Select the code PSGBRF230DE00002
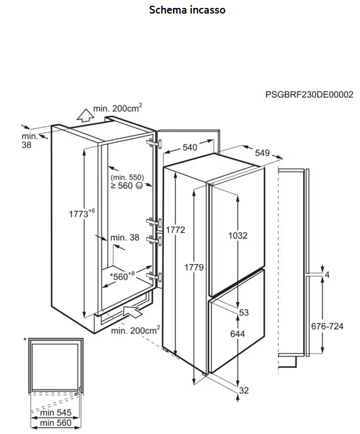(309, 95)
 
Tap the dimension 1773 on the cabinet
(81, 214)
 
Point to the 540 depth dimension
(189, 147)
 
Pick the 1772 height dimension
(176, 230)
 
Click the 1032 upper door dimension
(237, 236)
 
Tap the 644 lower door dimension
(237, 334)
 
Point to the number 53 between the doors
(244, 313)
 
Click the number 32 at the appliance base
(244, 390)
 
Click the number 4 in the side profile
(327, 275)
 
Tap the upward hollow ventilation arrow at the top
(85, 116)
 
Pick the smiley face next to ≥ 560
(139, 185)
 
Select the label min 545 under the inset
(55, 413)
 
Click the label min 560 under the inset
(55, 423)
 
